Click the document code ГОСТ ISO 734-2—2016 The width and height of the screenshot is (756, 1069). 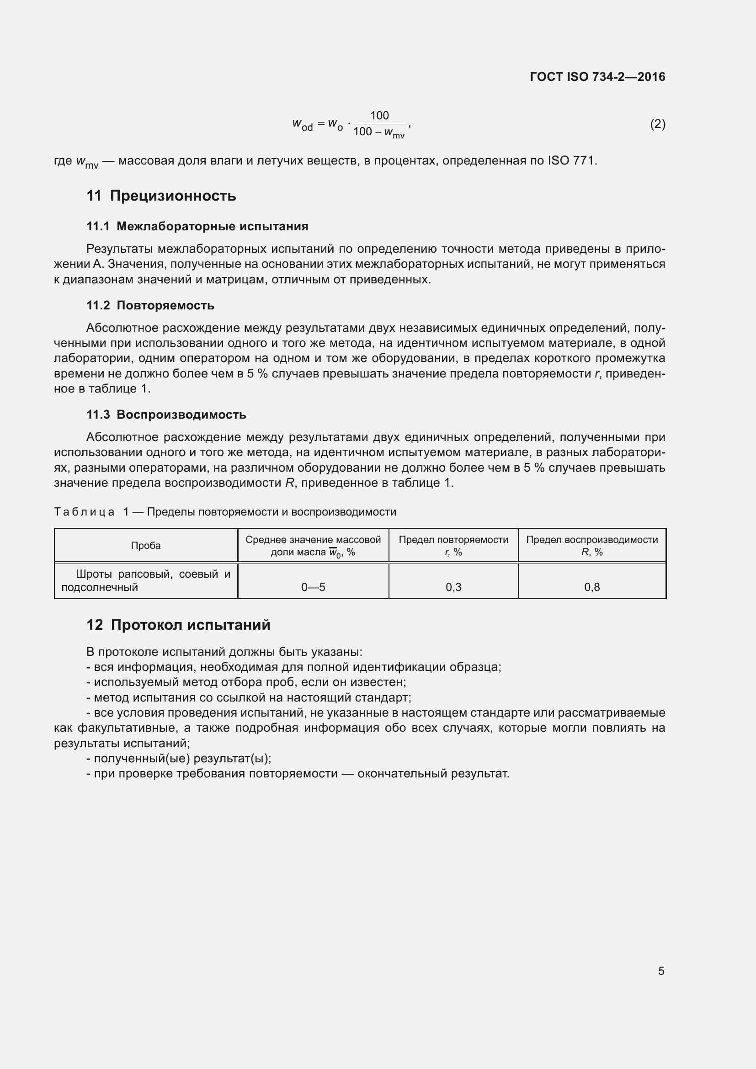coord(597,77)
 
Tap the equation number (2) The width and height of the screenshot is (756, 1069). coord(657,124)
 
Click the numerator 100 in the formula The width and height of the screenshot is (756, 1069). coord(379,116)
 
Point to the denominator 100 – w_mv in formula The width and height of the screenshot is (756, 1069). coord(379,133)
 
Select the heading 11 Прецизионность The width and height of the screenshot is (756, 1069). coord(161,196)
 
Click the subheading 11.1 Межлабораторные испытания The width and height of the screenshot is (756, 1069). coord(197,227)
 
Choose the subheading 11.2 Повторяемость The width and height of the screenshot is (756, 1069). coord(150,306)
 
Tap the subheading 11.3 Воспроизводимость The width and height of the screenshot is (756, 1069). coord(166,415)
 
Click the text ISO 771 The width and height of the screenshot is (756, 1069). coord(572,161)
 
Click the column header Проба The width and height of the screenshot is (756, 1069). coord(146,546)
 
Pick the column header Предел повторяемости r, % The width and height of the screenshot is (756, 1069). coord(453,546)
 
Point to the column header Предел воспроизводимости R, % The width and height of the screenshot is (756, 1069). coord(591,546)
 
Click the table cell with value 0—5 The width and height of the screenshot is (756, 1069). coord(313,587)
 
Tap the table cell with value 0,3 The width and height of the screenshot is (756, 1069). coord(453,587)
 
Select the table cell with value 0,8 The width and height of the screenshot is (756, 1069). coord(591,587)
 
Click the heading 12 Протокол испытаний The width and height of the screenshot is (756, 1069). coord(178,625)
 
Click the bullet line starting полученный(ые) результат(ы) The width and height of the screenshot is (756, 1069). coord(179,759)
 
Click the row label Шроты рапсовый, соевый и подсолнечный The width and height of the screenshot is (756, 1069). coord(146,580)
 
